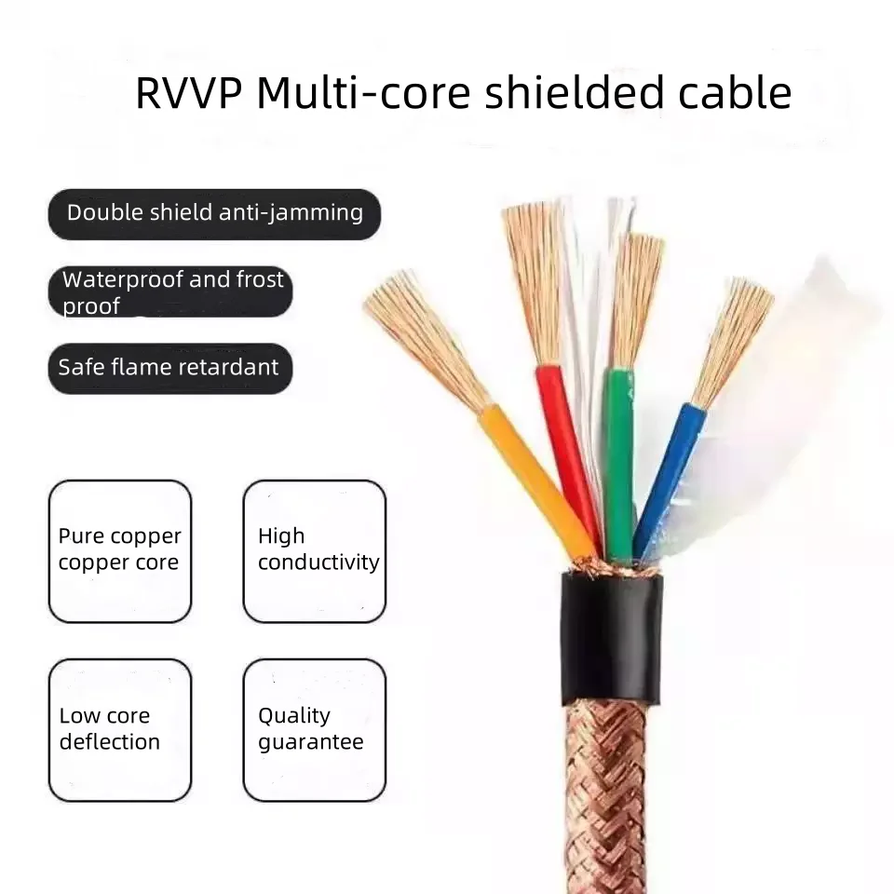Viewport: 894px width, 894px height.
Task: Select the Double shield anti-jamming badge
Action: click(214, 213)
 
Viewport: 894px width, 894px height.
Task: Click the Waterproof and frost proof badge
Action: click(171, 291)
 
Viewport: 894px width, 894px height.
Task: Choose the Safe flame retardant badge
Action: click(169, 367)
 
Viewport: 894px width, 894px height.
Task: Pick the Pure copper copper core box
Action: click(120, 550)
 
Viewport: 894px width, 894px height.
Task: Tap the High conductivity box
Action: click(315, 550)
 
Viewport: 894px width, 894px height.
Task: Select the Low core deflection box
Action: click(120, 730)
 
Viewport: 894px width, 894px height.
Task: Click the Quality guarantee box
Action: click(315, 730)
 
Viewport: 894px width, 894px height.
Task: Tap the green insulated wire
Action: click(617, 456)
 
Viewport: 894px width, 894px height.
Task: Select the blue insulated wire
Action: click(669, 475)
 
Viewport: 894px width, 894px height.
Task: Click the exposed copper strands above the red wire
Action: click(535, 279)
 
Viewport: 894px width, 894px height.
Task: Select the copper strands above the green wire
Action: click(636, 298)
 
